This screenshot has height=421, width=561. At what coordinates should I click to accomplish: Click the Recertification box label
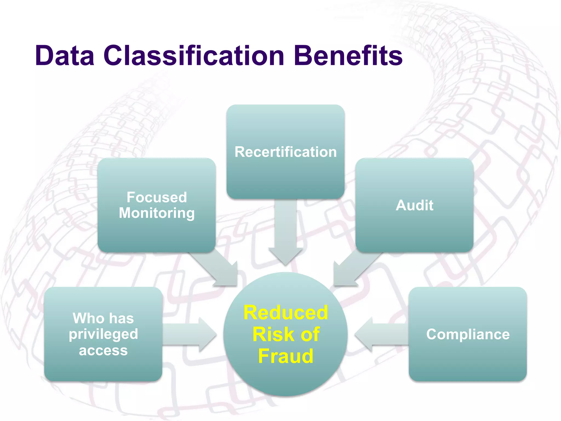pos(285,152)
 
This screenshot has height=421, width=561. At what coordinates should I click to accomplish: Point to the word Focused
pos(157,197)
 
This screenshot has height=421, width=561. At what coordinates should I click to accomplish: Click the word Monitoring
pos(157,213)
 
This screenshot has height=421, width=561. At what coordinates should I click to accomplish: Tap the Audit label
pos(414,205)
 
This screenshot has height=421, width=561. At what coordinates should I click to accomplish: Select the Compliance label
pos(468,334)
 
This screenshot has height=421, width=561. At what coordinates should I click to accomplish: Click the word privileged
pos(103,334)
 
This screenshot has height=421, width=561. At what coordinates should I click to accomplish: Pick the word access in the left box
pos(103,350)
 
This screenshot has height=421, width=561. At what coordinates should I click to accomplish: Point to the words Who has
pos(103,318)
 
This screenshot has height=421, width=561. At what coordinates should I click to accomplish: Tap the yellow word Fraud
pos(285,356)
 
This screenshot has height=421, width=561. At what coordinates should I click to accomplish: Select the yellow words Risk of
pos(285,334)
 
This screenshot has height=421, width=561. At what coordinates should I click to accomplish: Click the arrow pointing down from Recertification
pos(285,233)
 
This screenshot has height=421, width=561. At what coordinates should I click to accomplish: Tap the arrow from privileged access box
pos(189,334)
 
